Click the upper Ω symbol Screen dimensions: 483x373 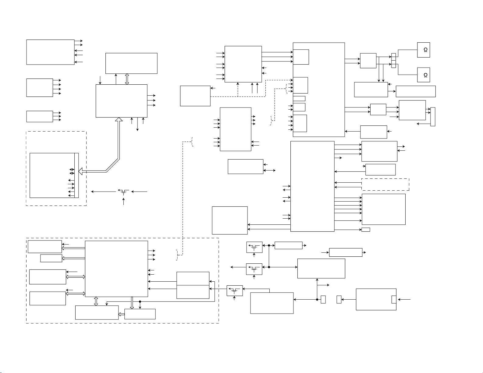pyautogui.click(x=425, y=50)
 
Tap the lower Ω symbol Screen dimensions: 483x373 pyautogui.click(x=425, y=75)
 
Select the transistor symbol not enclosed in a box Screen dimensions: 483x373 pyautogui.click(x=123, y=192)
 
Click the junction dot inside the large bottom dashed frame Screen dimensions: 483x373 pyautogui.click(x=140, y=301)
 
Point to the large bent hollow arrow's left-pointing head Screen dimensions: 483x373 pyautogui.click(x=81, y=171)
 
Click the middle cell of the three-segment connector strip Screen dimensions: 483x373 pyautogui.click(x=393, y=61)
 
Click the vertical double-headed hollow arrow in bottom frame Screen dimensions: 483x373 pyautogui.click(x=96, y=301)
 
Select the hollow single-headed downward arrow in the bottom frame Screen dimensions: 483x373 pyautogui.click(x=132, y=303)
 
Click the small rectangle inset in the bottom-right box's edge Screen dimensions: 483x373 pyautogui.click(x=394, y=299)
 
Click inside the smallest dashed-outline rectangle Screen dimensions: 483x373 pyautogui.click(x=385, y=185)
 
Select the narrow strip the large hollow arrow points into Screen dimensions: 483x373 pyautogui.click(x=76, y=175)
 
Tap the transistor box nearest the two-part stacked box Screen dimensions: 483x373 pyautogui.click(x=235, y=290)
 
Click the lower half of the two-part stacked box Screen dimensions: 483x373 pyautogui.click(x=193, y=292)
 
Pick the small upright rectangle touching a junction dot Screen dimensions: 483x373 pyautogui.click(x=323, y=300)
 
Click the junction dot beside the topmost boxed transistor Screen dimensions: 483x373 pyautogui.click(x=269, y=245)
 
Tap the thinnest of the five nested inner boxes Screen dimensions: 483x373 pyautogui.click(x=299, y=98)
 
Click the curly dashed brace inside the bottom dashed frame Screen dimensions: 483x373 pyautogui.click(x=177, y=255)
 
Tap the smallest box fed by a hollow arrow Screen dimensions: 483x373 pyautogui.click(x=51, y=258)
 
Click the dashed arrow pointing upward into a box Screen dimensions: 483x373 pyautogui.click(x=238, y=90)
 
